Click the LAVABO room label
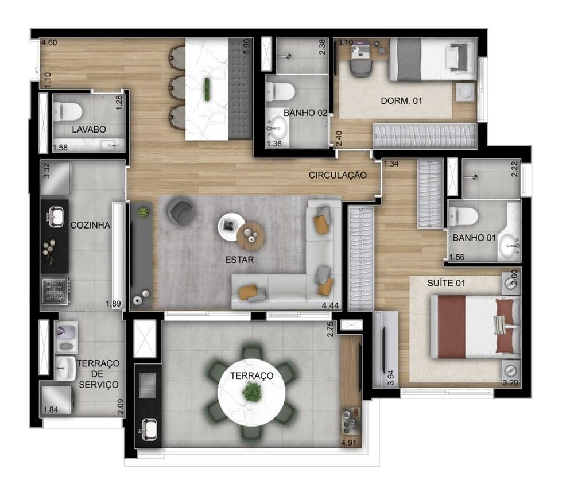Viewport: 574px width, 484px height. tap(89, 130)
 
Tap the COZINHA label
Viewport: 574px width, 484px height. tap(90, 226)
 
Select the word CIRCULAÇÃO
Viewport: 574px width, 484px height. tap(338, 175)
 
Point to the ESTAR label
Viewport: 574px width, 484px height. tap(239, 260)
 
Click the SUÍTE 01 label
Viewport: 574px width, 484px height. tap(446, 283)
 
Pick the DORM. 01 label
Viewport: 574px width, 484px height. tap(401, 100)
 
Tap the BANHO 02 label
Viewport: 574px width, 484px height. tap(305, 113)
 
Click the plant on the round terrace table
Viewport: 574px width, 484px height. tap(251, 393)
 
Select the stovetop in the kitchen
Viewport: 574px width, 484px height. tap(56, 290)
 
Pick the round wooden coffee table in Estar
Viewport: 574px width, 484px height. tap(251, 236)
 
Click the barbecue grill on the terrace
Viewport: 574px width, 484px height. tap(147, 384)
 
